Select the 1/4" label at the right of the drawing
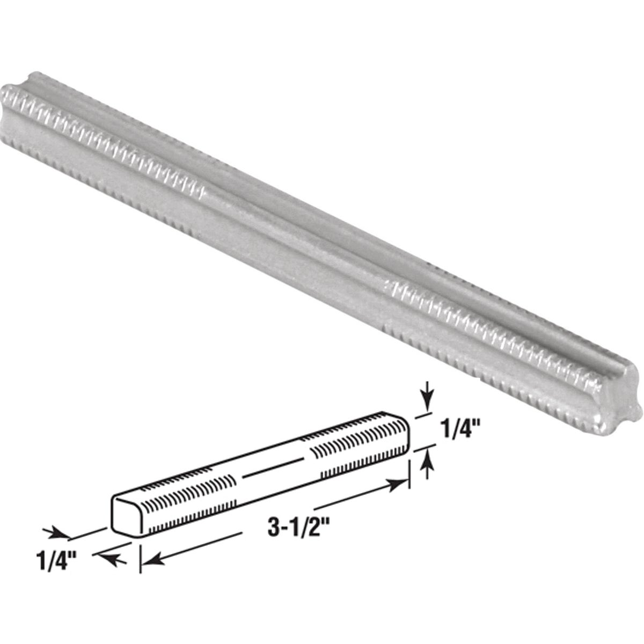point(458,431)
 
